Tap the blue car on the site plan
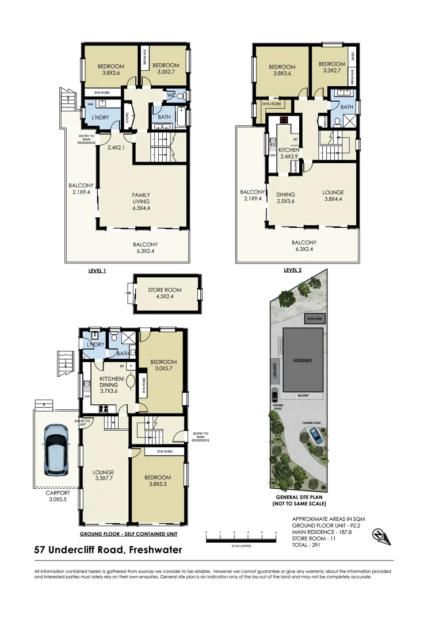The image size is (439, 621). (315, 436)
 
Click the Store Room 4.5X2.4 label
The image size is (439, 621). (165, 294)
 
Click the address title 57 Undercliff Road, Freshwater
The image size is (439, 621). (108, 550)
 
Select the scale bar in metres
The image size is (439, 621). (241, 536)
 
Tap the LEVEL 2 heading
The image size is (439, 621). (292, 270)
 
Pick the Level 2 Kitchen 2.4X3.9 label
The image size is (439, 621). (289, 153)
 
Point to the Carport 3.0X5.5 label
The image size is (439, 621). (58, 496)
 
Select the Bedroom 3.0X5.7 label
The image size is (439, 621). (163, 365)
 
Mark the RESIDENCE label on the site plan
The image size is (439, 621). (303, 361)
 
